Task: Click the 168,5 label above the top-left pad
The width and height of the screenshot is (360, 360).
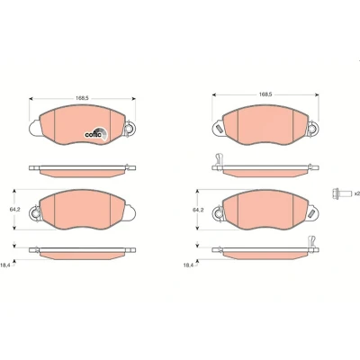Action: coord(82,98)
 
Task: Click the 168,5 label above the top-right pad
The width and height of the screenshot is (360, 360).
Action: coord(265,94)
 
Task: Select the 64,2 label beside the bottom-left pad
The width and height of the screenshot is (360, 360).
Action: coord(15,210)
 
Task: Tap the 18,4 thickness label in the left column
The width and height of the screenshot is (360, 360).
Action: coord(5,265)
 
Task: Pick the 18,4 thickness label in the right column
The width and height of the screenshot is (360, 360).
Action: coord(188,265)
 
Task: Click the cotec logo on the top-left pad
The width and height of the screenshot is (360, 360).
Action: coord(95,133)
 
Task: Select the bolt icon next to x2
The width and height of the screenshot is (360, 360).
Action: coord(342,193)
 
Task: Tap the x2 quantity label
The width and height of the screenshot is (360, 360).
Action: coord(356,193)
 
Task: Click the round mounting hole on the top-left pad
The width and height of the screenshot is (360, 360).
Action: coord(130,129)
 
